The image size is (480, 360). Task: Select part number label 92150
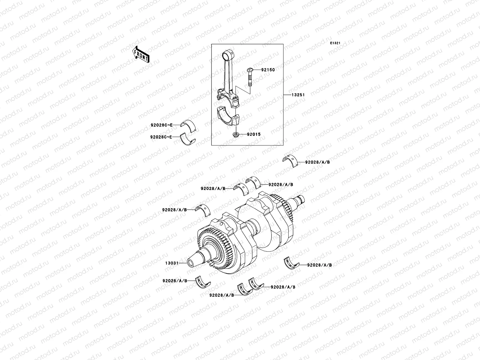click(x=268, y=70)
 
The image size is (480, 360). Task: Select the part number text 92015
click(x=254, y=134)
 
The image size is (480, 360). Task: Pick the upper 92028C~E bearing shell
click(x=188, y=125)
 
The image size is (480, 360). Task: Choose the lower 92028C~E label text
click(x=161, y=137)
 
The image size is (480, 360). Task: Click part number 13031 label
click(x=171, y=263)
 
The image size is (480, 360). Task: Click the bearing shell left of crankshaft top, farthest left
click(x=203, y=209)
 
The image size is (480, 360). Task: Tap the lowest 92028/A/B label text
click(x=222, y=295)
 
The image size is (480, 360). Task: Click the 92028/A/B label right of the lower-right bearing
click(x=319, y=265)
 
